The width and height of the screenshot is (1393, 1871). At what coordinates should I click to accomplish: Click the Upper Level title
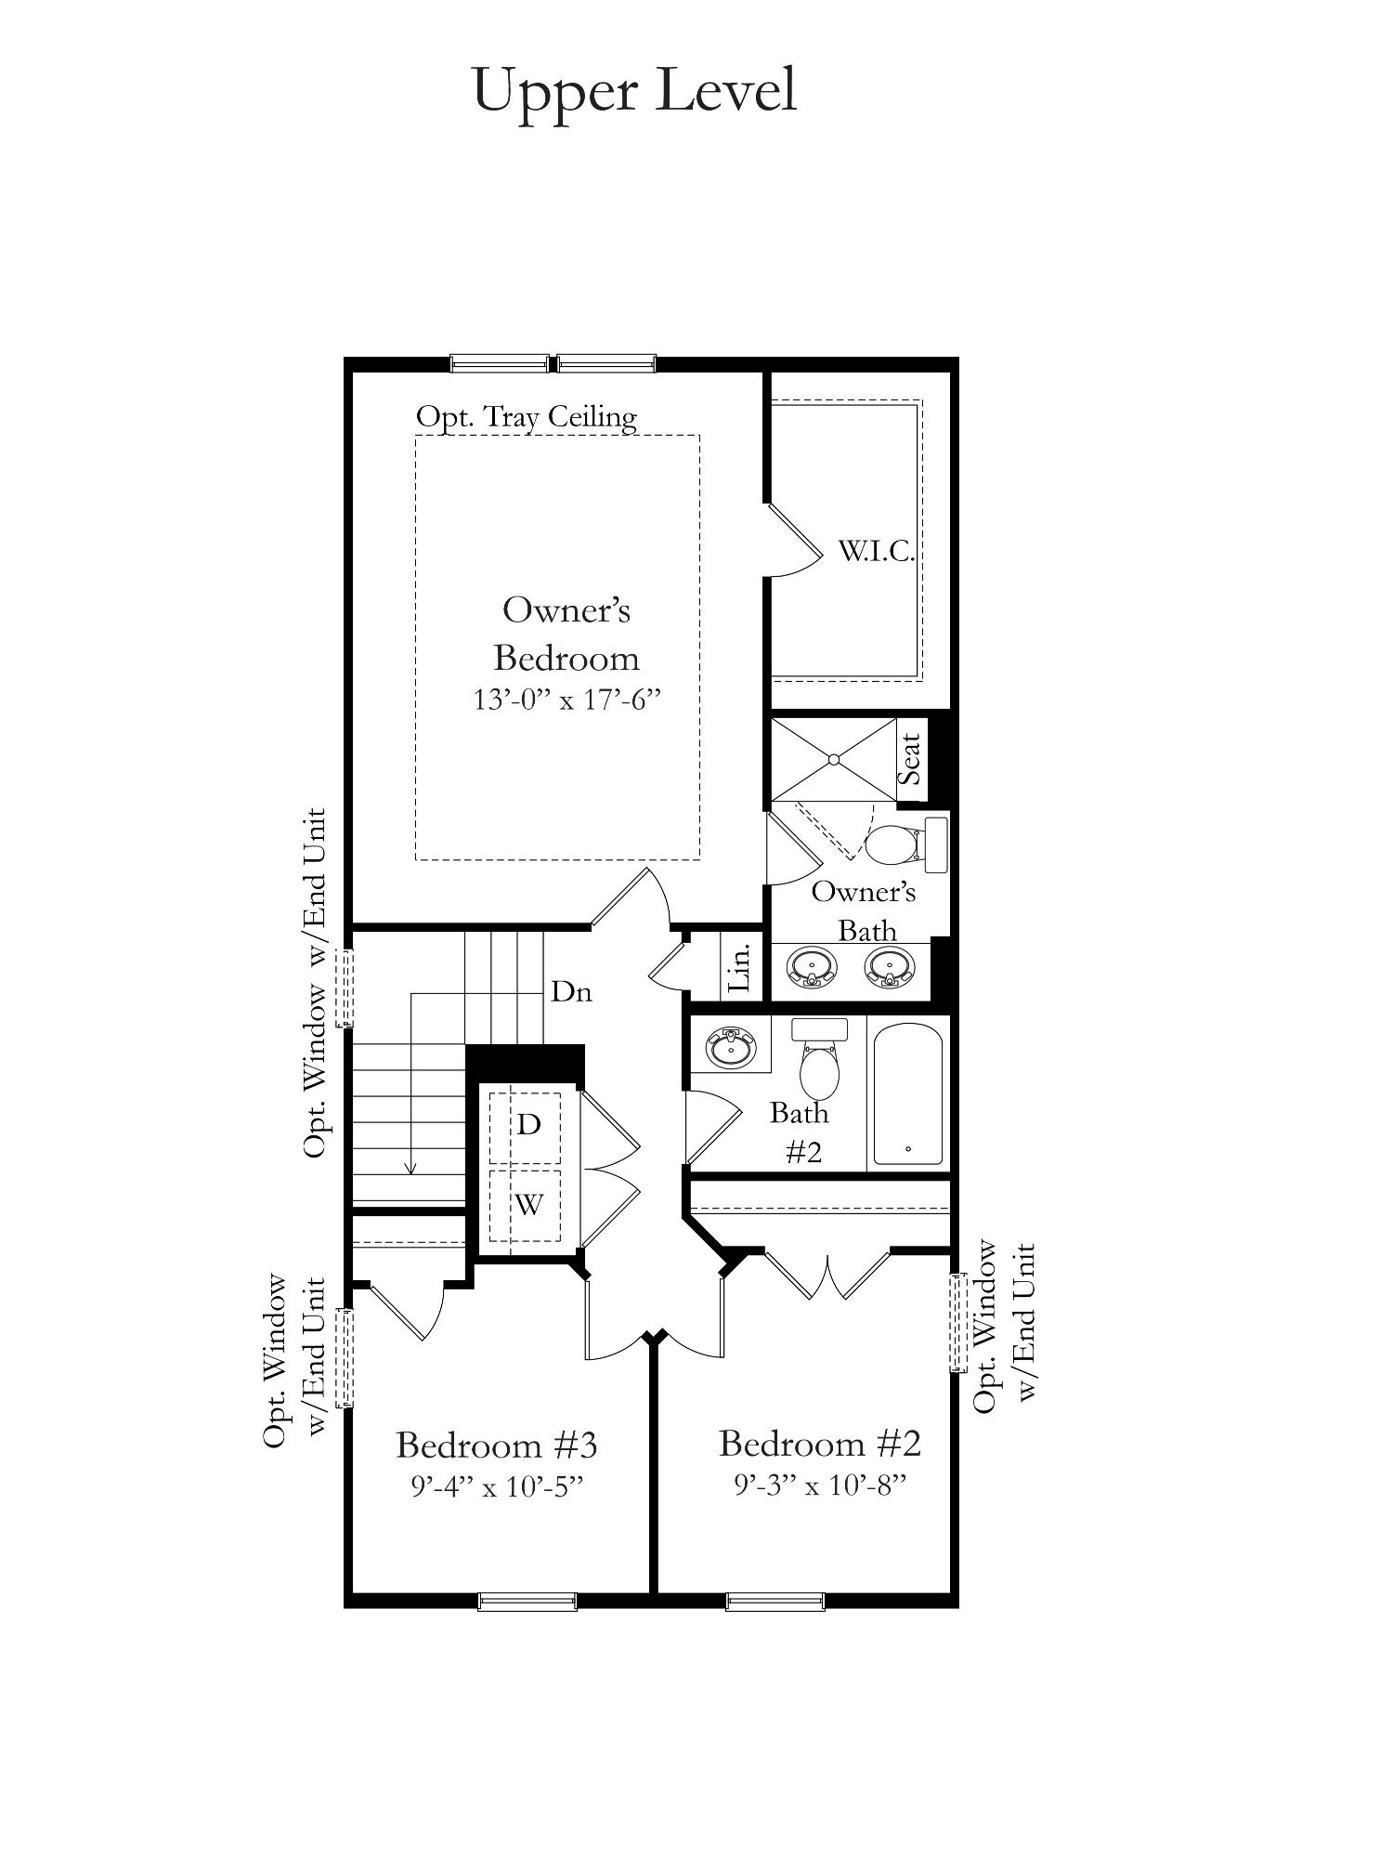(x=635, y=91)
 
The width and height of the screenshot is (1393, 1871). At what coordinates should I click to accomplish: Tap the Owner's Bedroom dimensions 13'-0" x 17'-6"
(x=566, y=700)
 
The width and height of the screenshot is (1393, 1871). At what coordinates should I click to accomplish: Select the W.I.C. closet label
(x=877, y=552)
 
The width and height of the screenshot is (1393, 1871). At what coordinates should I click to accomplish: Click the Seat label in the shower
(x=910, y=759)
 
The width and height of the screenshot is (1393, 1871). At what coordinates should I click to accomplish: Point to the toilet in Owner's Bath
(x=905, y=844)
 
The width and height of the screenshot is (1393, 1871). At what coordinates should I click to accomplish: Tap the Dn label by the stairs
(x=571, y=992)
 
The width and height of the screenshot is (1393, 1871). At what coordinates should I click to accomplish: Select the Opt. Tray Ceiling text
(x=527, y=417)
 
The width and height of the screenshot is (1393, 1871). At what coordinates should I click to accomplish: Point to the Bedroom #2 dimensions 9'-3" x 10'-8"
(x=820, y=1485)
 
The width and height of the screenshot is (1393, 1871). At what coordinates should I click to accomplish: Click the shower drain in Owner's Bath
(x=834, y=759)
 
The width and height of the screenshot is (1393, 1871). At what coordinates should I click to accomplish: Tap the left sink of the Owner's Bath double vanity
(x=813, y=968)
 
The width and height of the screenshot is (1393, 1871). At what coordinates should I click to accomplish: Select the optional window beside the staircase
(x=345, y=988)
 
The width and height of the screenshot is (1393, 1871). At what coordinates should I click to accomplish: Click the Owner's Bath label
(x=864, y=910)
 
